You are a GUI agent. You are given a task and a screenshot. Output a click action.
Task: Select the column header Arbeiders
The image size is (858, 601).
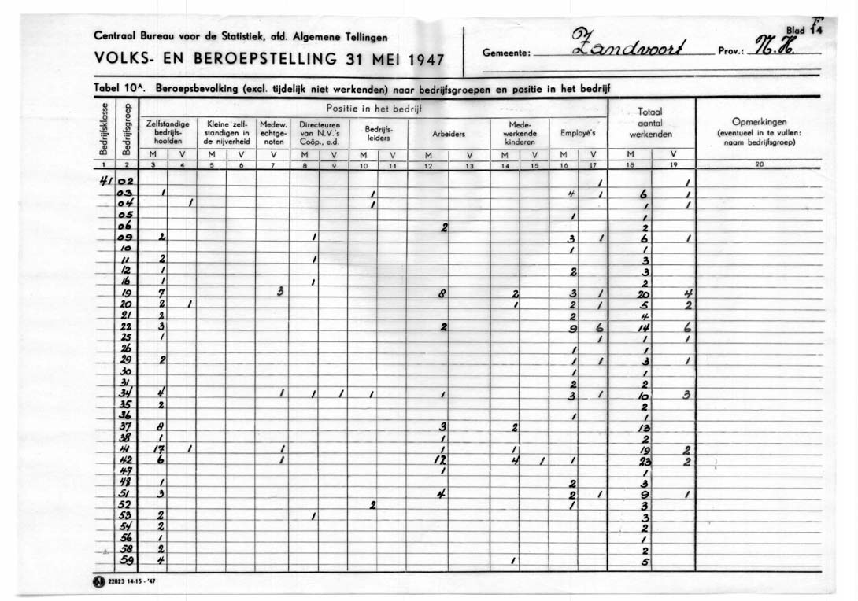pos(448,134)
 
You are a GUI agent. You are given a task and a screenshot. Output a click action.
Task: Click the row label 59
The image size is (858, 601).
pos(126,562)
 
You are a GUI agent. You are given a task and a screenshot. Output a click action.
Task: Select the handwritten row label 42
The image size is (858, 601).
pos(126,460)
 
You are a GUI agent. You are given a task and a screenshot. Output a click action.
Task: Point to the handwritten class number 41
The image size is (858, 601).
pos(106,181)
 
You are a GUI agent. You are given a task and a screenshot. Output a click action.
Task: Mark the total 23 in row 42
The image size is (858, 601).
pos(645,461)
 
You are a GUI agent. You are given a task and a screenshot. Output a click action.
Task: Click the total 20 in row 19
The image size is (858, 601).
pos(645,293)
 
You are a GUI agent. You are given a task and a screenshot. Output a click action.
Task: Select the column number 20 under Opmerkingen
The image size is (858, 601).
pos(759,165)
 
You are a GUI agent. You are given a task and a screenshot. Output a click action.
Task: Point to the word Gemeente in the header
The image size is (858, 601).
pos(509,55)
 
